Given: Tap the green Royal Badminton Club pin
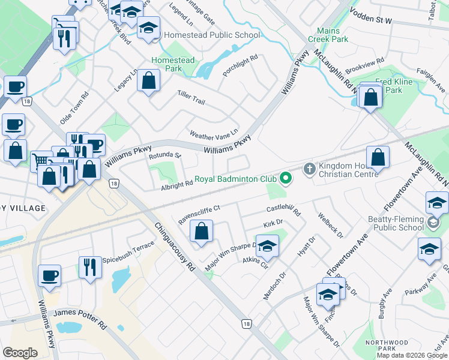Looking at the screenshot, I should coord(286,178).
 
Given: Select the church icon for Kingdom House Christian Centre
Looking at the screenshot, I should coord(309,169).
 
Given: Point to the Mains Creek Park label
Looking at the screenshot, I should coord(328,35).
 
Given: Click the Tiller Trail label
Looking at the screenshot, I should coord(191,97).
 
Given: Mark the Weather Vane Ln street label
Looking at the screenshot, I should coord(214,134).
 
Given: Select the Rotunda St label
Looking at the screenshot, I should coord(164,155).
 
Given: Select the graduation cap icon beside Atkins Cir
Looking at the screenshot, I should coord(268,246).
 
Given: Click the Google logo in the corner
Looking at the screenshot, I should coord(20,353).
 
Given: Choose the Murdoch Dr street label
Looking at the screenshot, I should coord(275,286).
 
